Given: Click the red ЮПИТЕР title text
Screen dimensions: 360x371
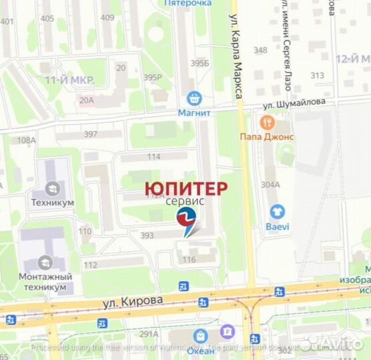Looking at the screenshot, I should point(186,187).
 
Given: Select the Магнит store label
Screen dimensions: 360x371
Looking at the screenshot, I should point(194,113).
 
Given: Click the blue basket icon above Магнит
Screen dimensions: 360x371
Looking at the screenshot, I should point(194,98).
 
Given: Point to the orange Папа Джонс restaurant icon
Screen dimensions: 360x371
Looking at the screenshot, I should point(268,122).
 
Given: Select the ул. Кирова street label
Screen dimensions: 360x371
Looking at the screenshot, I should point(133,301).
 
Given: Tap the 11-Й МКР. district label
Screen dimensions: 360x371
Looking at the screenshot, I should point(70,80).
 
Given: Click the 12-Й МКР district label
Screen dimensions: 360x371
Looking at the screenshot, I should point(352,59).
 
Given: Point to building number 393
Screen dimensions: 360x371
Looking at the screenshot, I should point(147,235).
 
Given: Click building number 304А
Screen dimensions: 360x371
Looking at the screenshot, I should point(270,185).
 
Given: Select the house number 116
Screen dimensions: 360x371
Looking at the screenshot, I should point(189,259).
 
